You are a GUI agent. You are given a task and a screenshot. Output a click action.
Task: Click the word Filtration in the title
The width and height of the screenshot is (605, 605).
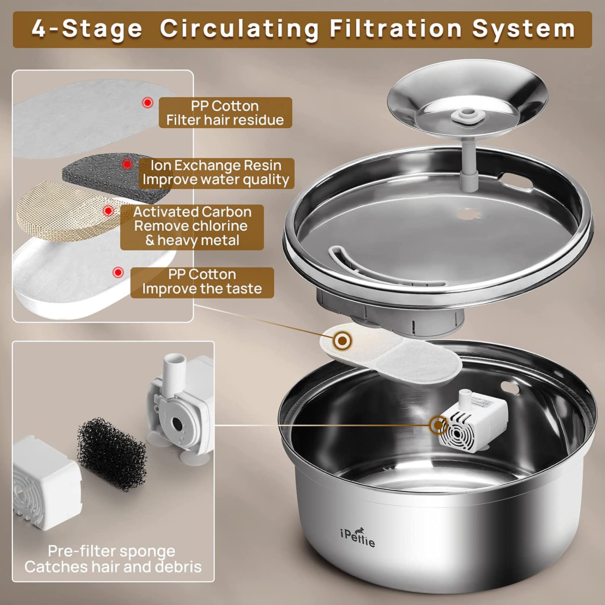[x=396, y=29]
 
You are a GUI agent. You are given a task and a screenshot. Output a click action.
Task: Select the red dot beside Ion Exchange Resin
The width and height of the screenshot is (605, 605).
[x=127, y=164]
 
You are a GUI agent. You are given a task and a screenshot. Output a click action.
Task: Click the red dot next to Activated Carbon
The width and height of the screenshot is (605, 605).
[x=108, y=211]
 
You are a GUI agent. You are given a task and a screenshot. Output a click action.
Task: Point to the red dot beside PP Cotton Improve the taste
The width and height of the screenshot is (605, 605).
[x=118, y=272]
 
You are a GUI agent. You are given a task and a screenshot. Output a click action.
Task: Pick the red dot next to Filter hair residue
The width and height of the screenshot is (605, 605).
[x=148, y=102]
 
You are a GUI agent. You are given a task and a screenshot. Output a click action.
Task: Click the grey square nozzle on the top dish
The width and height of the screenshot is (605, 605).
[x=467, y=116]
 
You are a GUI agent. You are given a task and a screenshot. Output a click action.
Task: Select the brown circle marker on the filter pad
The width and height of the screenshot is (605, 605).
[x=342, y=341]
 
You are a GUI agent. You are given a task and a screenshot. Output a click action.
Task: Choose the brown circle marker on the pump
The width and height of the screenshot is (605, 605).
[x=437, y=425]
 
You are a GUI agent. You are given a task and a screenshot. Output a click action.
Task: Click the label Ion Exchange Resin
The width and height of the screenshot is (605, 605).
[x=216, y=165]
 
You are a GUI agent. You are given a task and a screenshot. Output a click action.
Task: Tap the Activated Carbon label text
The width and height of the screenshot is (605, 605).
[x=192, y=212]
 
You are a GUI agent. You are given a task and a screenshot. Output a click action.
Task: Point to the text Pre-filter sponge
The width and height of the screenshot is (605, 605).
[x=112, y=551]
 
